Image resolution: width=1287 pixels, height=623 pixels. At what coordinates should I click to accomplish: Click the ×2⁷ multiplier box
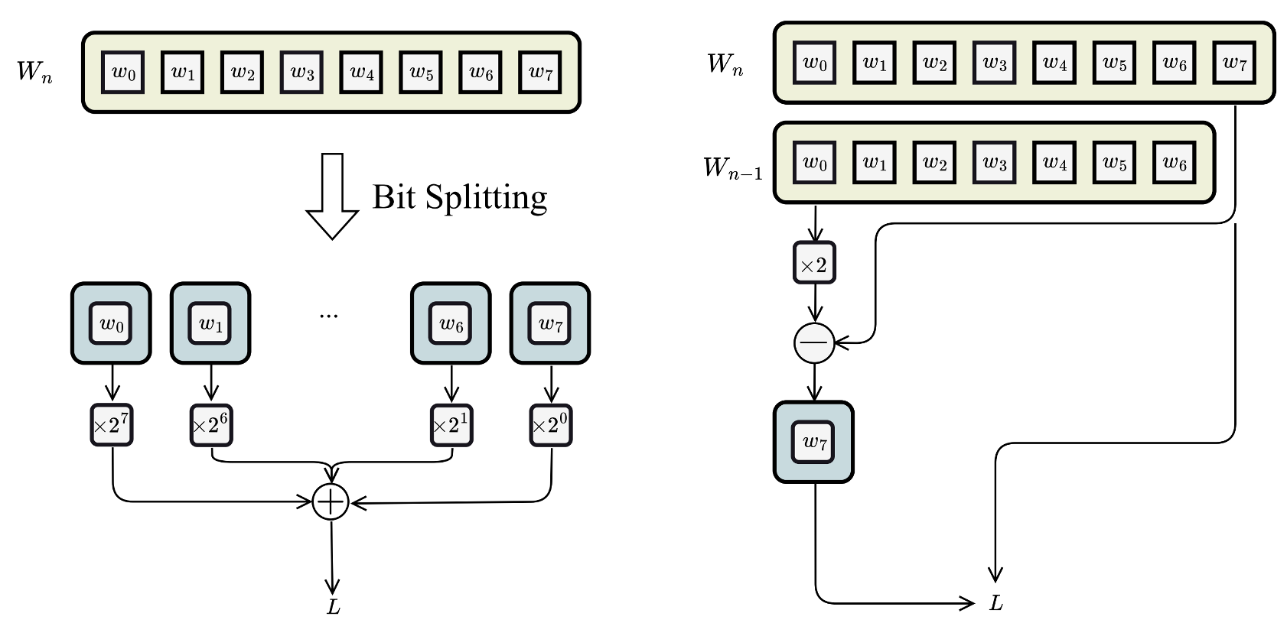coord(112,425)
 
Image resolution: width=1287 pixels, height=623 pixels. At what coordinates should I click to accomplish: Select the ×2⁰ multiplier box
coord(551,425)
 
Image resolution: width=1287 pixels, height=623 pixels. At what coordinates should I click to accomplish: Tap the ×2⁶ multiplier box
coord(210,425)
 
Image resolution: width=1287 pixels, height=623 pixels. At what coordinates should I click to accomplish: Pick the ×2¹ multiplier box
coord(451,425)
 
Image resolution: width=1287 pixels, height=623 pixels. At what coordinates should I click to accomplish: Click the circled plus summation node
coord(331,502)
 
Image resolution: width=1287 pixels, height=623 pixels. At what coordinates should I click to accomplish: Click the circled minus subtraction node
coord(814,343)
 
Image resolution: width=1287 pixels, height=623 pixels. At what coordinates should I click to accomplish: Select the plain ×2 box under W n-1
coord(814,264)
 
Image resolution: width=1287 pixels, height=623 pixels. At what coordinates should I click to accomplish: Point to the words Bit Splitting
coord(460,197)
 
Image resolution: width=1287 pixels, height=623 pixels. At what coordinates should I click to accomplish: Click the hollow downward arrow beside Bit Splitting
coord(332,196)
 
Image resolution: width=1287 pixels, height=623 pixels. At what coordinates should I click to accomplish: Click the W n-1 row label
coord(732,167)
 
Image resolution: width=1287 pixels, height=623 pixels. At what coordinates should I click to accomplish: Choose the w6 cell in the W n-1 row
coord(1174,163)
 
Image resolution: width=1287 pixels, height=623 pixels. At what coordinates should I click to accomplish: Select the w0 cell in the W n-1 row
coord(814,163)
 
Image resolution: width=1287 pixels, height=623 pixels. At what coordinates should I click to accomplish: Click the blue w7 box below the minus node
coord(814,442)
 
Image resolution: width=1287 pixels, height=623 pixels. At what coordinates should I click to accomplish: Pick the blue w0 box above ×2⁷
coord(111,323)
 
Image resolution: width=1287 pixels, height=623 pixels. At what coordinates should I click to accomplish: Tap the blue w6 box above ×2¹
coord(451,323)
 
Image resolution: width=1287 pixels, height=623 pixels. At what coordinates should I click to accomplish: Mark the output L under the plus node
coord(333,607)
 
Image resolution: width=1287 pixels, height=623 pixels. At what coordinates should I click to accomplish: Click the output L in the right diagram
coord(995,603)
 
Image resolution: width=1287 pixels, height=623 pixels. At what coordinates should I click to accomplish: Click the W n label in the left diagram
coord(34,72)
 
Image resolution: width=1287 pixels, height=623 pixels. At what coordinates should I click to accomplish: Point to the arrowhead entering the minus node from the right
coord(842,343)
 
